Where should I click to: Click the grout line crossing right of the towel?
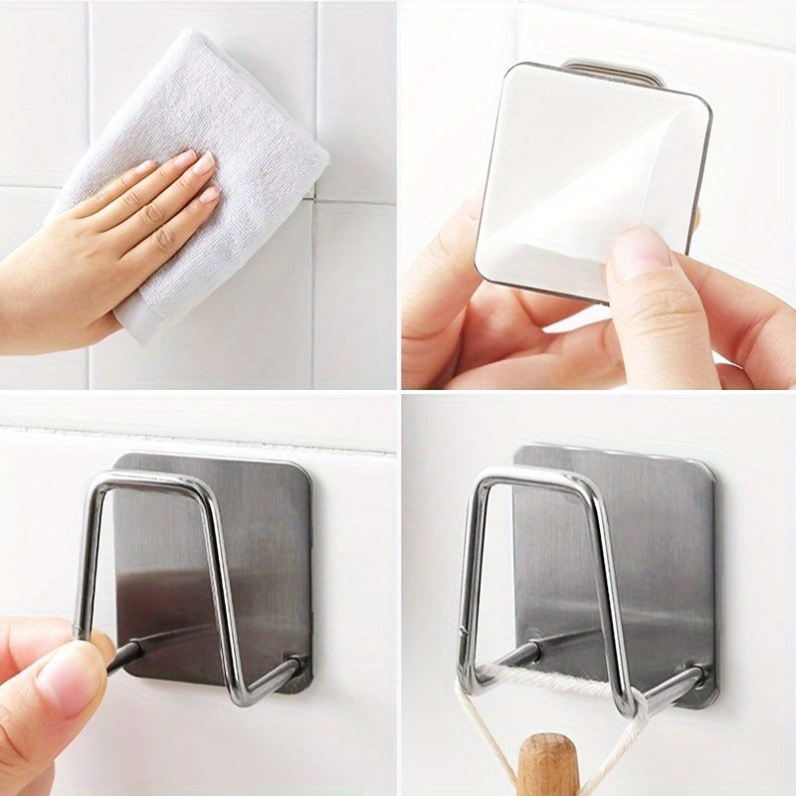(353, 201)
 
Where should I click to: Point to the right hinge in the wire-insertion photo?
(298, 664)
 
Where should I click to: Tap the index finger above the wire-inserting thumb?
(40, 637)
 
